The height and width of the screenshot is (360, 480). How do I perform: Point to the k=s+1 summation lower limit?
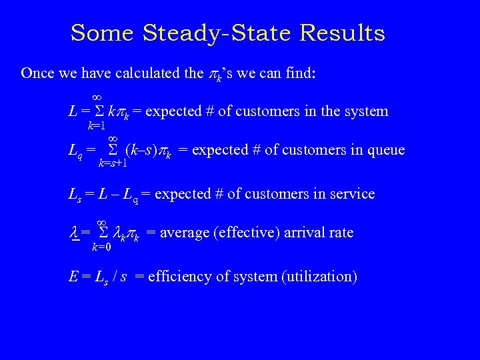(112, 162)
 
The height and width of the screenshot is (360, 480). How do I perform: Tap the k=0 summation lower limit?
(101, 247)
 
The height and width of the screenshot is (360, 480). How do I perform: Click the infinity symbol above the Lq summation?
(112, 137)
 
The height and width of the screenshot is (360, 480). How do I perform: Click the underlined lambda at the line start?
(75, 233)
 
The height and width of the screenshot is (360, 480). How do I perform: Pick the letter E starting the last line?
(73, 276)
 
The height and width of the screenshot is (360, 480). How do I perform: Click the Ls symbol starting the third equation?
(75, 195)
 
